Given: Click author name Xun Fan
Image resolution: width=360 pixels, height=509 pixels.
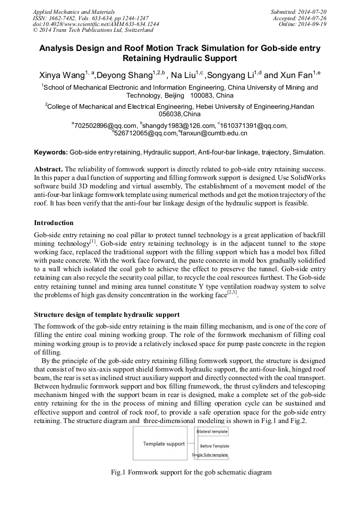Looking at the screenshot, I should pos(297,74).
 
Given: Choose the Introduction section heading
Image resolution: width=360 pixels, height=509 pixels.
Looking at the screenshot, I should pos(54,222).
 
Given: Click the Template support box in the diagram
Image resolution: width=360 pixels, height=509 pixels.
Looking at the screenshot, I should pos(164,444).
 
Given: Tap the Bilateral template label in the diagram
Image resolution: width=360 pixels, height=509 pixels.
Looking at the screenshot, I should pos(212,432).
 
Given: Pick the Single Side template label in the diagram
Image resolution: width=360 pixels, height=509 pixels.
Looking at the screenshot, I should pos(210,455).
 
